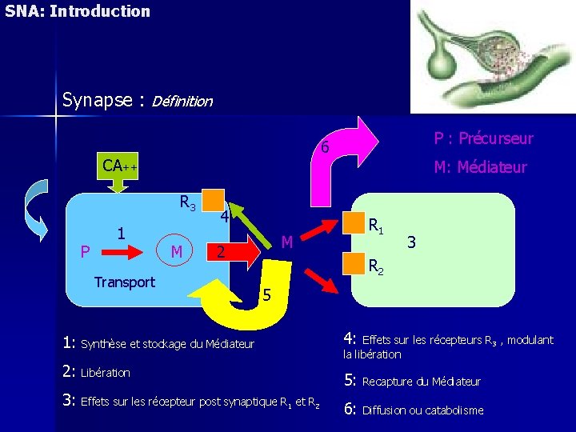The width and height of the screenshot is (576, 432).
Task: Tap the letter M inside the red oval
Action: pos(177,252)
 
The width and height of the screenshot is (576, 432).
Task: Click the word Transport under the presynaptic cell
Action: pos(124,282)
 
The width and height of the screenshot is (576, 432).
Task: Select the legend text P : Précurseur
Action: pos(483,139)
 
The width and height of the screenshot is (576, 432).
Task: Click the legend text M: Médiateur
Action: pos(480,167)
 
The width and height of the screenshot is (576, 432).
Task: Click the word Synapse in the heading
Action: pos(96,101)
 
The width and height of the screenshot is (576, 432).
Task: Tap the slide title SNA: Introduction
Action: pos(77,11)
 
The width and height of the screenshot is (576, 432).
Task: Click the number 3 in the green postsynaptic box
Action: pos(411,240)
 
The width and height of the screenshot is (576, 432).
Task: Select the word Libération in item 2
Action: pos(106,373)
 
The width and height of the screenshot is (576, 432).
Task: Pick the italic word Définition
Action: pos(182,102)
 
